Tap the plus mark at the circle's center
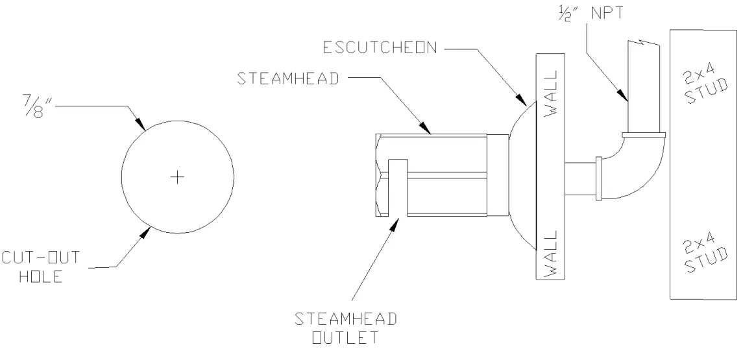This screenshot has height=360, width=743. point(177,176)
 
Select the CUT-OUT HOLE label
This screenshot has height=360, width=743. point(41,267)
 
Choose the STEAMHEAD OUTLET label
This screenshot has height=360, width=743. point(345,328)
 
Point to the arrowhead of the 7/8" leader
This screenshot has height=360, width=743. point(141,128)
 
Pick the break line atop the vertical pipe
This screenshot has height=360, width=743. point(642,43)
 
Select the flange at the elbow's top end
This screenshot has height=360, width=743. point(643,135)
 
